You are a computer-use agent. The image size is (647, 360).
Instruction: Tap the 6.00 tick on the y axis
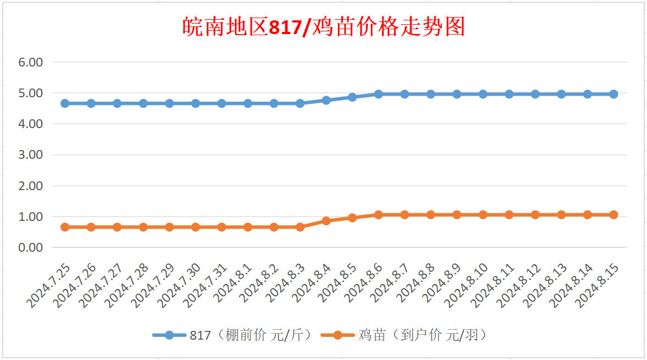click(30, 62)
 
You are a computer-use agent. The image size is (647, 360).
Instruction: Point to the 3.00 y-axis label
click(30, 155)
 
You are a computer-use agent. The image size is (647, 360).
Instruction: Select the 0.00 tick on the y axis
click(30, 248)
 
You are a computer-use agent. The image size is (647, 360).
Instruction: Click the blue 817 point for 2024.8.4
click(326, 100)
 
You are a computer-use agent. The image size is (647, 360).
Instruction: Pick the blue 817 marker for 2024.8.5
click(352, 97)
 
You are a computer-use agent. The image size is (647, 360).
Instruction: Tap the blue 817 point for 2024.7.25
click(65, 103)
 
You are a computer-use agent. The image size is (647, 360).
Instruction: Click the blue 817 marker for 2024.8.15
click(613, 94)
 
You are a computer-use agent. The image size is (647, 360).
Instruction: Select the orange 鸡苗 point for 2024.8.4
click(326, 221)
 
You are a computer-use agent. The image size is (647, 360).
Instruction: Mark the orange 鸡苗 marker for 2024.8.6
click(378, 215)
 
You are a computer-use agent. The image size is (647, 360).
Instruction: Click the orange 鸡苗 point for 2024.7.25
click(65, 227)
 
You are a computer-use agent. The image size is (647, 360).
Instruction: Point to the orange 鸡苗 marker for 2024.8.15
click(613, 215)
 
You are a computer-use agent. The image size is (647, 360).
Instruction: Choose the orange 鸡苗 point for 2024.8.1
click(248, 227)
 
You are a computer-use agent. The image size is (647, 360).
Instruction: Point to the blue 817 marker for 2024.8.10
click(483, 94)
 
